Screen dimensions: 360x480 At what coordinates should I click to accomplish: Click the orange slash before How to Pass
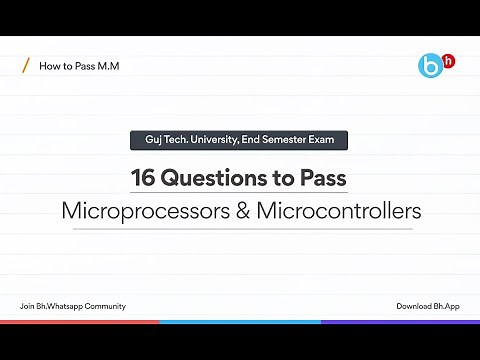(25, 67)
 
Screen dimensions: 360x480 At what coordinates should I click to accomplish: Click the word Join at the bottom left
(28, 305)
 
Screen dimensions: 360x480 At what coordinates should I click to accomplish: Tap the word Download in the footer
(414, 305)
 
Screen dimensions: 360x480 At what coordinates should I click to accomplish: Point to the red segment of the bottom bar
(80, 322)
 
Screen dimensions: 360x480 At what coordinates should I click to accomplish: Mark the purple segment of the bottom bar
(400, 322)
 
